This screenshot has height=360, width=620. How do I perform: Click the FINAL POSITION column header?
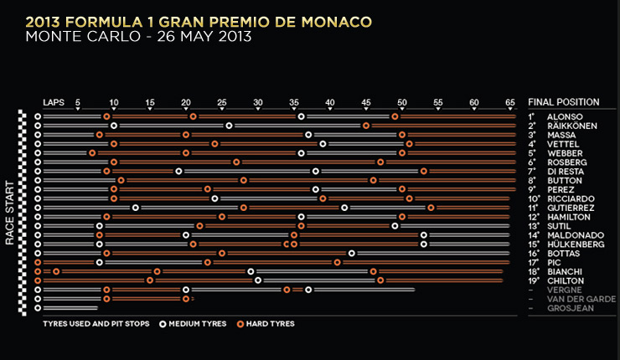(563, 102)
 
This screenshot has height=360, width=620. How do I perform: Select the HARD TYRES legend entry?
(270, 323)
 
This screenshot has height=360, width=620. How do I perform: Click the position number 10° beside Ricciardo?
(533, 198)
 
